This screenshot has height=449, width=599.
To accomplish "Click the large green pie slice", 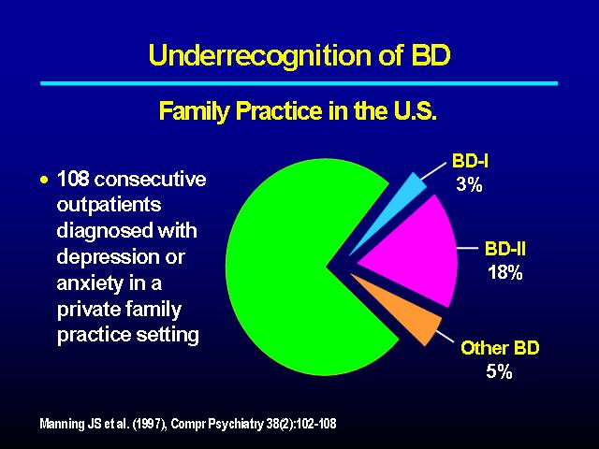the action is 290,268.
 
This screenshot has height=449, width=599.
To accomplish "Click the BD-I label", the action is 470,161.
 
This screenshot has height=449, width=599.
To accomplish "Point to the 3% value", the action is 469,184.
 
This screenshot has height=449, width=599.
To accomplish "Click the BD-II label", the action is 505,250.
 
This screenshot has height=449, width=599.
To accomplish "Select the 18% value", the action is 505,272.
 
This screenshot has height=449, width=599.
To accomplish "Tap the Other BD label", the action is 500,348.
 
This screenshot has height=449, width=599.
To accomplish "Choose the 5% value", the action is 499,371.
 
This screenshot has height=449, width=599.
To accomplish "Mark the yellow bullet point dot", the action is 44,180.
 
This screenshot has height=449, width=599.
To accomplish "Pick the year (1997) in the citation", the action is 150,424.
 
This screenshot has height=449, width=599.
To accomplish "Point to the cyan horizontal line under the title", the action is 299,83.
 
